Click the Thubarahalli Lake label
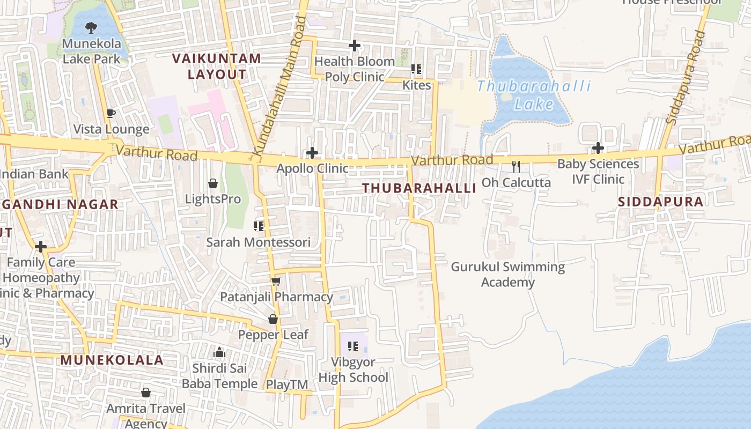533,95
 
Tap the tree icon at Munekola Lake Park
91,27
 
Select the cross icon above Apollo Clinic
312,153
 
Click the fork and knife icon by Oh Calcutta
516,166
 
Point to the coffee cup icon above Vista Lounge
111,113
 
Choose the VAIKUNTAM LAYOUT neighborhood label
217,66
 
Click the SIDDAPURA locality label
660,202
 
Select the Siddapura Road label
686,78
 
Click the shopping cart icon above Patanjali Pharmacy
276,281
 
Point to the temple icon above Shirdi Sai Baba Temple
219,353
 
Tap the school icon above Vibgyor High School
352,346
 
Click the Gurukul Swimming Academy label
507,275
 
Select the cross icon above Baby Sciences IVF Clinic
598,148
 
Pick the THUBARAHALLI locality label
419,188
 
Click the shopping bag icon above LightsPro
213,183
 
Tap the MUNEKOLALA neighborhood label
112,360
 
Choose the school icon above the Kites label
416,69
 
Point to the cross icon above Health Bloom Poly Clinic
354,46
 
